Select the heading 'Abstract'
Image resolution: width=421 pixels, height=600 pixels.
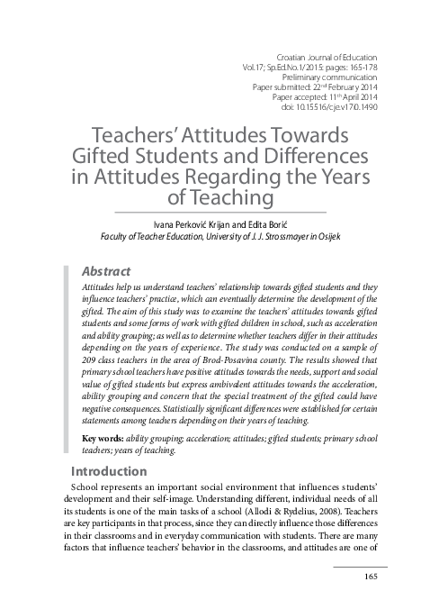[106, 269]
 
